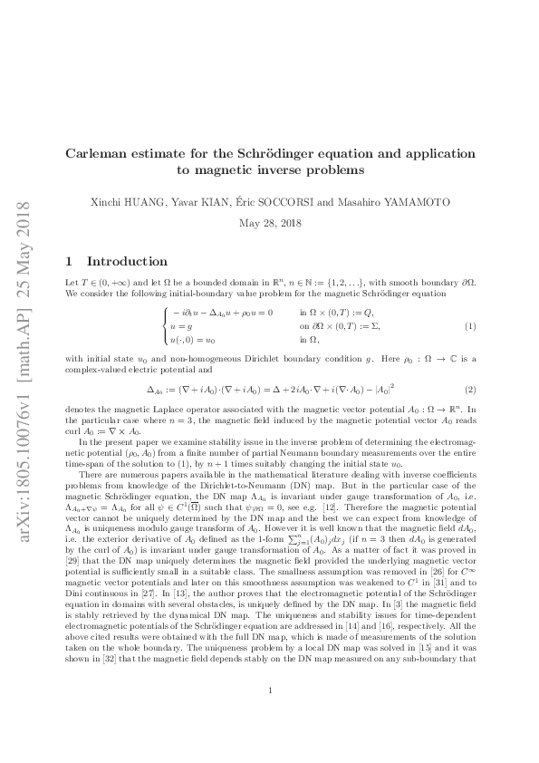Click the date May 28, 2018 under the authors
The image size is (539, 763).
tap(269, 223)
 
